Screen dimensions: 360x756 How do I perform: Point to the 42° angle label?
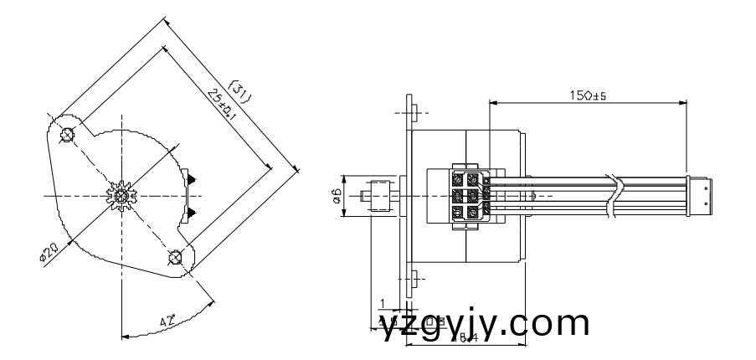(x=167, y=320)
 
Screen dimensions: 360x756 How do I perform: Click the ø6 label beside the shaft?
(x=336, y=196)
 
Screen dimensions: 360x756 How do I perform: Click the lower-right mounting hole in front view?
(x=175, y=256)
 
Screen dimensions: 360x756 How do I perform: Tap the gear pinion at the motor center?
(x=122, y=195)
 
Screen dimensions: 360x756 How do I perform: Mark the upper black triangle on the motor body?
(x=193, y=178)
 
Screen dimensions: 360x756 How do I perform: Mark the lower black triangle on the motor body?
(x=193, y=211)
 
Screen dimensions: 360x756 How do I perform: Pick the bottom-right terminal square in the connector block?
(x=474, y=213)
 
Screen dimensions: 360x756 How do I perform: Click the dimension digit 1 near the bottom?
(x=382, y=302)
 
